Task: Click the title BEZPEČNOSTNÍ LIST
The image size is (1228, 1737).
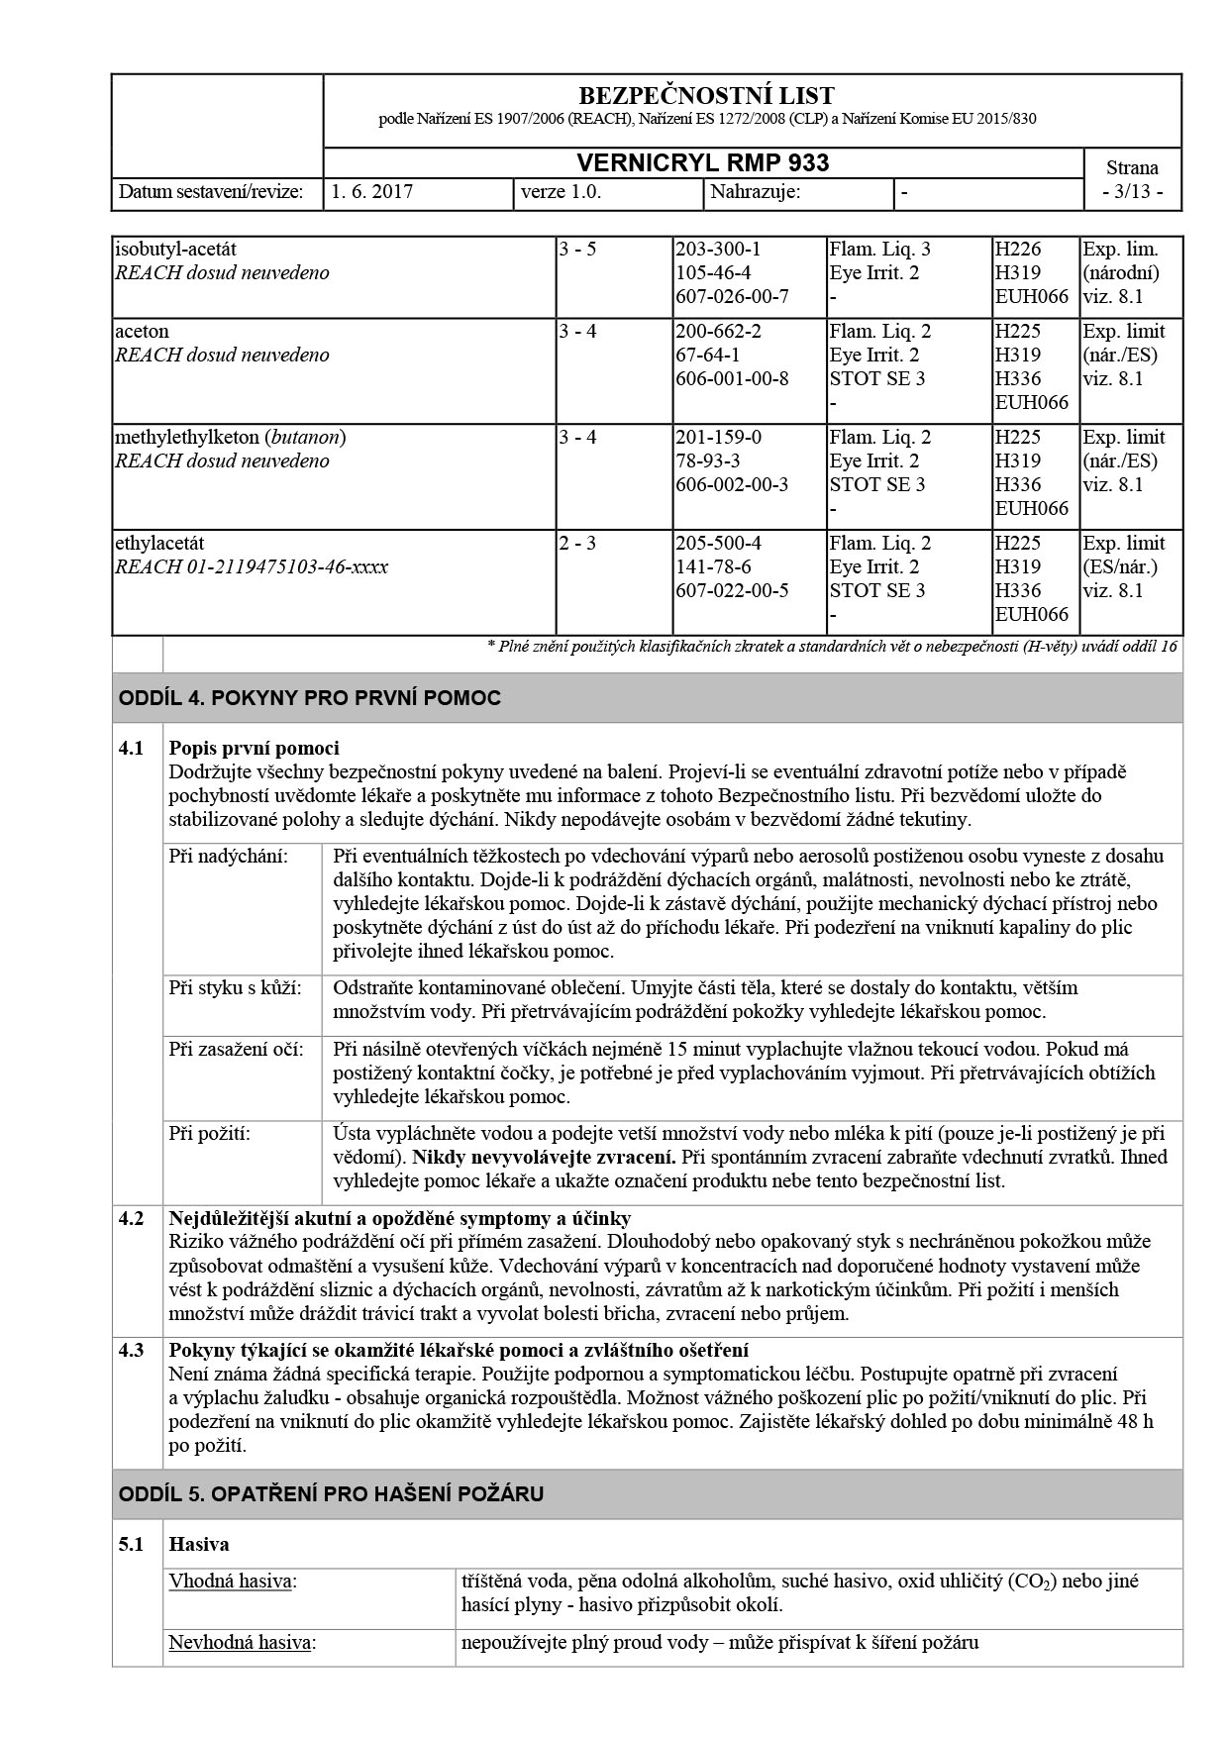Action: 706,96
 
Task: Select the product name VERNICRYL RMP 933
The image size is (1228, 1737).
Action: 703,163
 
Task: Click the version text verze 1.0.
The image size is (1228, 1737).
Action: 561,192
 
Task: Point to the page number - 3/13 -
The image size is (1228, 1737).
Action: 1132,192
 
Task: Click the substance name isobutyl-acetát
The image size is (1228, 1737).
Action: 175,250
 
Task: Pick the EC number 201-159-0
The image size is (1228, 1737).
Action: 719,438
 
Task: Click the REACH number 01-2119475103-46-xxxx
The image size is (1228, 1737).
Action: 287,567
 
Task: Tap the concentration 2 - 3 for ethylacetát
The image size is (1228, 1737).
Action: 577,544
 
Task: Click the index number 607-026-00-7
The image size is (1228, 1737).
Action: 732,297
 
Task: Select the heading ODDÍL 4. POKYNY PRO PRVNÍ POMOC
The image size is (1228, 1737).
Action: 310,698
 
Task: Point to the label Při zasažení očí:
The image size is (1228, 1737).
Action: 236,1050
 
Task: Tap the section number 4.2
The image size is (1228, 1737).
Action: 132,1219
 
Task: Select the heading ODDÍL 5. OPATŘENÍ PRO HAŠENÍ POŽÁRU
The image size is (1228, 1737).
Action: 331,1494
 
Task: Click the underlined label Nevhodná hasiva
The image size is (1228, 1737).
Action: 241,1643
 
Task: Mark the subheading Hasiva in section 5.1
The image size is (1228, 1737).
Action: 199,1544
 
